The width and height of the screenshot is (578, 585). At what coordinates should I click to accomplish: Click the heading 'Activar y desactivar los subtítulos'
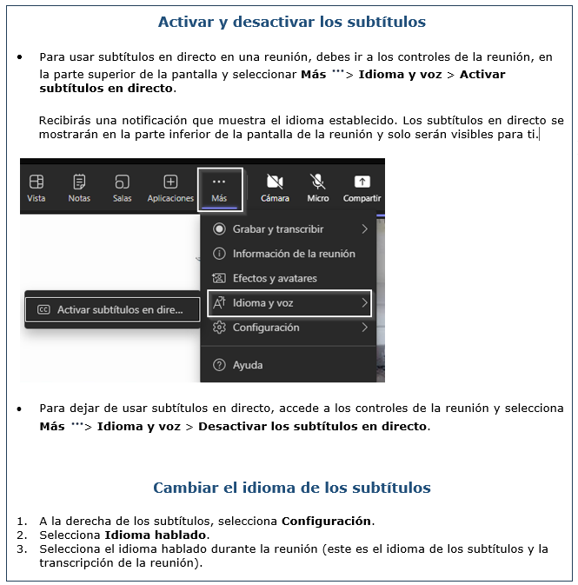[291, 22]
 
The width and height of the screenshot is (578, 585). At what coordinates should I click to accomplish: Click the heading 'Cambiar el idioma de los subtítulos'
[291, 488]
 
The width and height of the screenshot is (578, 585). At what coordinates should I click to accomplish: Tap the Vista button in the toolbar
[37, 188]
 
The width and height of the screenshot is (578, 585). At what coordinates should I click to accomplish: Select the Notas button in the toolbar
[79, 188]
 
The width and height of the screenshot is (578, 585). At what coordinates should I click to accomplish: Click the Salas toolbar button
[123, 188]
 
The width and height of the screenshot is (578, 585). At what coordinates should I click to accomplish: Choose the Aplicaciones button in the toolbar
[170, 188]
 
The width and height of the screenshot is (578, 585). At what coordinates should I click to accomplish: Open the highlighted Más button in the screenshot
[219, 188]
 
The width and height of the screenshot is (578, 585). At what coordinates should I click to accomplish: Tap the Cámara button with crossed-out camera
[275, 188]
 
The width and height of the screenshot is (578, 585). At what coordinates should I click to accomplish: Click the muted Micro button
[318, 188]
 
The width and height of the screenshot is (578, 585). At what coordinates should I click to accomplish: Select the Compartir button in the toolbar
[362, 188]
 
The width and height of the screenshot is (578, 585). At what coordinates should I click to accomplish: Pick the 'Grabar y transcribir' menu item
[278, 229]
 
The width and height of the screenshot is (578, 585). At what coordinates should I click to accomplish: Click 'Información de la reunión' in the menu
[293, 254]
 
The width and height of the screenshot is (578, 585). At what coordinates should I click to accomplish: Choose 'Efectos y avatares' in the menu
[274, 278]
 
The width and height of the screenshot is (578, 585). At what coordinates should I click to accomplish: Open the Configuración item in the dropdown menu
[266, 328]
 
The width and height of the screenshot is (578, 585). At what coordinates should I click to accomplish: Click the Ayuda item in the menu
[247, 365]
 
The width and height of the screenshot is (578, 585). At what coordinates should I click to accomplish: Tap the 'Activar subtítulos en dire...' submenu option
[111, 309]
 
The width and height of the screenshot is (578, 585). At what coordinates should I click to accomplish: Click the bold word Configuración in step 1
[327, 522]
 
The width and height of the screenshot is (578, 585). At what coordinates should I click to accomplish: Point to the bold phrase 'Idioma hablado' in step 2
[156, 535]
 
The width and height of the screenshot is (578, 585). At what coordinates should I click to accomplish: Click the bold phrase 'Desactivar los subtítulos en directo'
[313, 427]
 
